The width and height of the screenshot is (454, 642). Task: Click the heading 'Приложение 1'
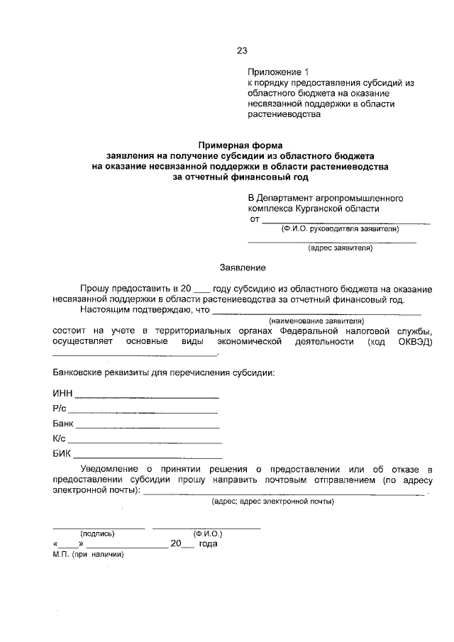279,72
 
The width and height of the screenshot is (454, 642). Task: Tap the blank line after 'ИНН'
147,397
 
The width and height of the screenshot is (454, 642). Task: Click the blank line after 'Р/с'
142,411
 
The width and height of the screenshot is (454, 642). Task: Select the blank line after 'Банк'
148,427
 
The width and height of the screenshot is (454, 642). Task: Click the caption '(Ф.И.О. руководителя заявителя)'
340,228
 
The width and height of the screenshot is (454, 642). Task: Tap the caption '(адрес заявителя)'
340,248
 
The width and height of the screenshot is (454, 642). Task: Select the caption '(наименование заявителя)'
316,321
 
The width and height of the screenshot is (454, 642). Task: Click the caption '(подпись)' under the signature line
98,533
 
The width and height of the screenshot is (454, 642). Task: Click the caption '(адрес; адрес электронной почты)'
272,502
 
